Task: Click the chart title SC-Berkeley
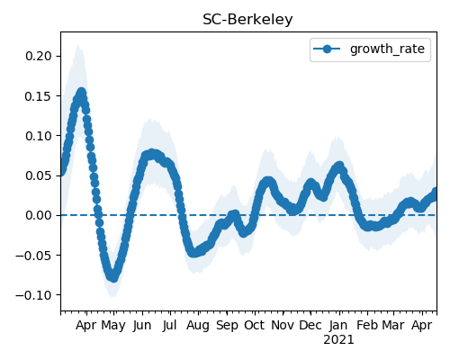[247, 20]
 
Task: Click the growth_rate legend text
[387, 49]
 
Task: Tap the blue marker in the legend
[327, 49]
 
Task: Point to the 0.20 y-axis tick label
[39, 56]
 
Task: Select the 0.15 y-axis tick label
[39, 96]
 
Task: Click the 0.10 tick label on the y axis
[39, 136]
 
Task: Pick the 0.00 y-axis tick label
[39, 215]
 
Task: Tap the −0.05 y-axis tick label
[33, 256]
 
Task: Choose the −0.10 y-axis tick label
[33, 295]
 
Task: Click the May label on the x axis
[113, 326]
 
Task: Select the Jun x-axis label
[142, 326]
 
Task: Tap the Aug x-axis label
[198, 326]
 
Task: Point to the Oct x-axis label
[255, 325]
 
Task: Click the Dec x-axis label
[310, 325]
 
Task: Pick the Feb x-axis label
[367, 325]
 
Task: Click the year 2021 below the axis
[338, 340]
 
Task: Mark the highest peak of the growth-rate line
[81, 93]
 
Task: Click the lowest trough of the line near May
[113, 277]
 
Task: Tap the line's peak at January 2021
[339, 166]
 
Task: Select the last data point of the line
[436, 192]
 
